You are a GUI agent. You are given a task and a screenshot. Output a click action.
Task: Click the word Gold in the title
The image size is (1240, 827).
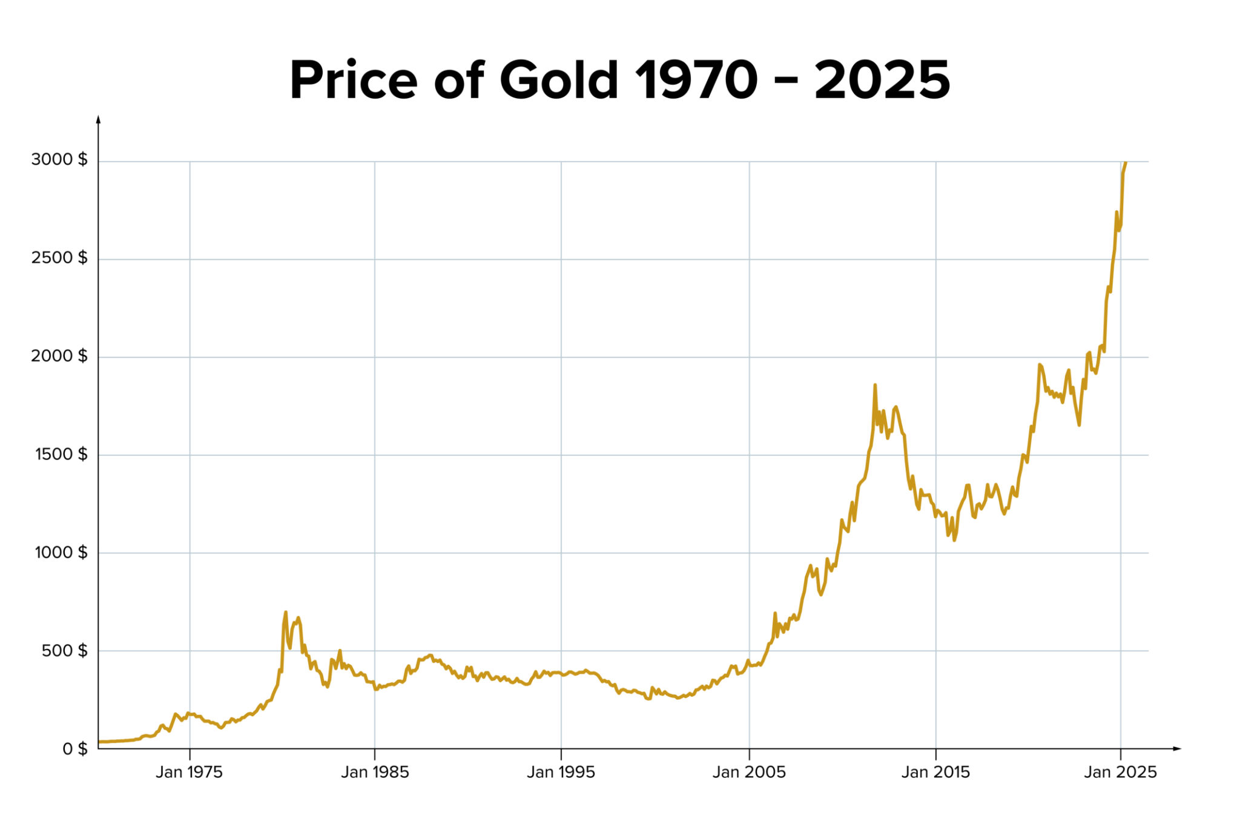(558, 81)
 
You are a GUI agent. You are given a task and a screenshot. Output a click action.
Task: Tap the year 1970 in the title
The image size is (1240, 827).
(696, 81)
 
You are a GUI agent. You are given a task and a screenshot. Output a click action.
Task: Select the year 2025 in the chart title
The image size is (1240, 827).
(882, 81)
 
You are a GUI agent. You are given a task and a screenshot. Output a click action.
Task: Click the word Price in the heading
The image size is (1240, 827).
(354, 81)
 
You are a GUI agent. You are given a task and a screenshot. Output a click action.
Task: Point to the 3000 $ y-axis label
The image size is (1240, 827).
(59, 160)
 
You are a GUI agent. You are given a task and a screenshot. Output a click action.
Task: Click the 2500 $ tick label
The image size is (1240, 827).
(59, 258)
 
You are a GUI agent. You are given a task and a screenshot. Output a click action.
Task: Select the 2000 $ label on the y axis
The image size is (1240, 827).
(59, 356)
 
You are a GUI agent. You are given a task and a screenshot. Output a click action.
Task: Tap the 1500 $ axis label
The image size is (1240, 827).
(61, 454)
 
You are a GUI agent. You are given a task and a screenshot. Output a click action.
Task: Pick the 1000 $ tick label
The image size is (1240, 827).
(61, 552)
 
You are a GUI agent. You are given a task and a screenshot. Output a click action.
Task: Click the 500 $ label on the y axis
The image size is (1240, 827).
(65, 651)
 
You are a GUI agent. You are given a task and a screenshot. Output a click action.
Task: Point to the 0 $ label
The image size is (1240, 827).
(75, 749)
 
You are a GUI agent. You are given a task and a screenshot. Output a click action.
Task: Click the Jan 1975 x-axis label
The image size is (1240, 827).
(189, 773)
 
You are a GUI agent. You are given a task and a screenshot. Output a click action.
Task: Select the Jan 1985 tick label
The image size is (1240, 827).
(375, 773)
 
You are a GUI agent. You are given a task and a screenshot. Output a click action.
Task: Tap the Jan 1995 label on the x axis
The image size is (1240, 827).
(561, 773)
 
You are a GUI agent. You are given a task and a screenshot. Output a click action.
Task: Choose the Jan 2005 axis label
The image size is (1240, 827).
(749, 773)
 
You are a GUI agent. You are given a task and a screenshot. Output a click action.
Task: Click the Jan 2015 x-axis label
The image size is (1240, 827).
(935, 773)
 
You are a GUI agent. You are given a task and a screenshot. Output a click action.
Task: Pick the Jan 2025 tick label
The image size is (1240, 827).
(1120, 773)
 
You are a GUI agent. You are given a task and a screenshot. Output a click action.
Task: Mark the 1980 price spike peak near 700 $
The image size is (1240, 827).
(286, 613)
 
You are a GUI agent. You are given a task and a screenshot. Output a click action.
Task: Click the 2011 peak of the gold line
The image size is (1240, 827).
(875, 386)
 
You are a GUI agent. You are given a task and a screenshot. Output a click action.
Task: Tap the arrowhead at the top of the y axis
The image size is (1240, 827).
(98, 119)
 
